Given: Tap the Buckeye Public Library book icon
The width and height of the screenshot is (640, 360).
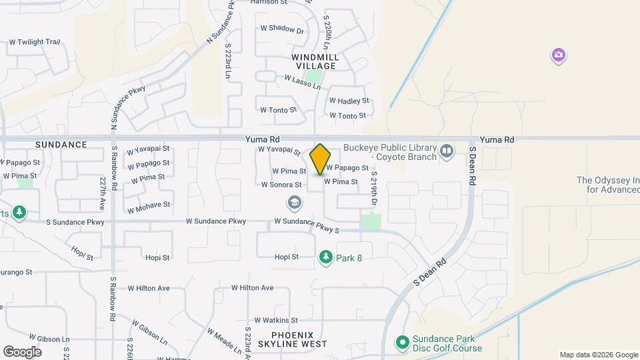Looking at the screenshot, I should click(x=446, y=153).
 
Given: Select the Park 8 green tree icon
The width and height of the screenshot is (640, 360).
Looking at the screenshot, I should click(x=325, y=257).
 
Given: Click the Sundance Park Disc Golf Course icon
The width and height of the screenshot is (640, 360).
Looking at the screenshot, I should click(x=402, y=343).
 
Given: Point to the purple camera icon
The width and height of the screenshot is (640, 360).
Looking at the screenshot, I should click(x=559, y=55).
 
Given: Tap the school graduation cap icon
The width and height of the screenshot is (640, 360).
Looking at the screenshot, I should click(x=293, y=201).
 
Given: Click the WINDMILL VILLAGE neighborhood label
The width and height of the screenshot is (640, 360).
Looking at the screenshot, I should click(x=315, y=62).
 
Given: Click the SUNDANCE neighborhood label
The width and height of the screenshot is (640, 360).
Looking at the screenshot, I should click(x=61, y=145).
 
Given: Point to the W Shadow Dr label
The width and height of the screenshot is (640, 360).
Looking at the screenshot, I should click(x=282, y=29).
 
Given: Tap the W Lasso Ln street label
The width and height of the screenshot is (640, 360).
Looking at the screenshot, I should click(x=303, y=83).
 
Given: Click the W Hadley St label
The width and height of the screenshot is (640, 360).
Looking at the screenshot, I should click(x=349, y=101).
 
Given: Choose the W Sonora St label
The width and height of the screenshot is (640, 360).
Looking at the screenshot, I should click(x=283, y=185).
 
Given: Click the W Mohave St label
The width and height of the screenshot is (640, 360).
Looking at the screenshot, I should click(x=149, y=205).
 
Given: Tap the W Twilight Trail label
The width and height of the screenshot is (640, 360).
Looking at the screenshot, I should click(x=35, y=42).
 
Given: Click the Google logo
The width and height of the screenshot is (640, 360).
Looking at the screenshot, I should click(x=23, y=351).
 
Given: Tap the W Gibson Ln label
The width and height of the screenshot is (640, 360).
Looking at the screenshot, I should click(x=149, y=332).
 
